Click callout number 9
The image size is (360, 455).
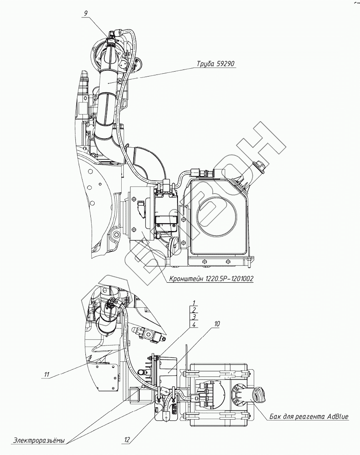point(85,13)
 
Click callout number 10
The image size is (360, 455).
point(217,323)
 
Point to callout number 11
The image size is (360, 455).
point(47,375)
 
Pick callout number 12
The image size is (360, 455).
point(127,439)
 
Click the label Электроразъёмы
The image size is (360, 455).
point(39,440)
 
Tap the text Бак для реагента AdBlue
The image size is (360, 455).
point(309,416)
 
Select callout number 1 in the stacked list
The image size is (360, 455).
point(193,303)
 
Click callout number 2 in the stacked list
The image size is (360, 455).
point(193,309)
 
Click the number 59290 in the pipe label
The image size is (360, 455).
point(225,64)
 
